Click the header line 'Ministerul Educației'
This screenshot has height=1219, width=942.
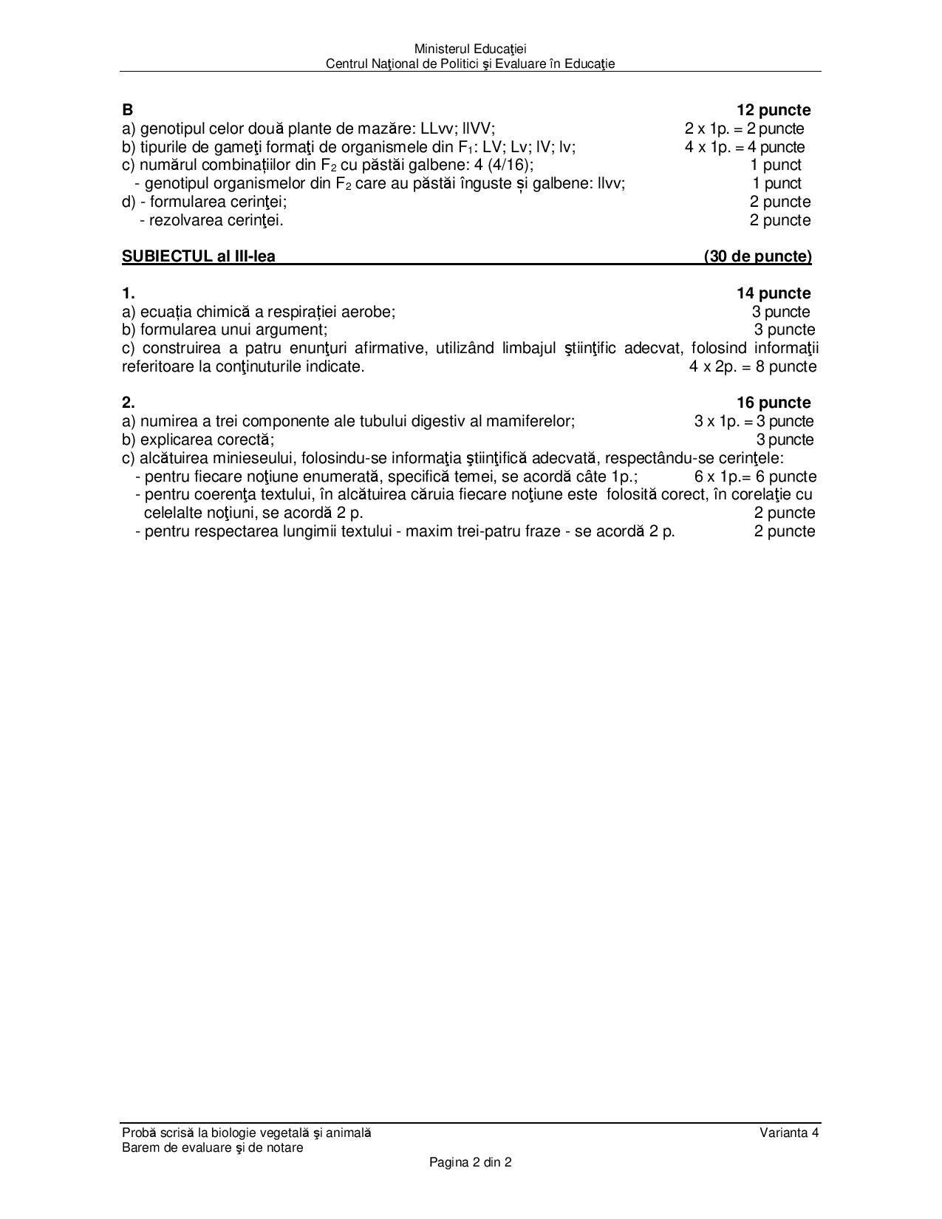coord(470,49)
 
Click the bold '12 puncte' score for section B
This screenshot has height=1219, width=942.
coord(773,110)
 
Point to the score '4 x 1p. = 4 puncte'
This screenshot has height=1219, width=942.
coord(744,147)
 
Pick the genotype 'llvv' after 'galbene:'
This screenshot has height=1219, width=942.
coord(610,183)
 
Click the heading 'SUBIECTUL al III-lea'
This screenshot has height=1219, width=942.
coord(199,256)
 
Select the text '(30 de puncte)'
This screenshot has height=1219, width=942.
coord(757,256)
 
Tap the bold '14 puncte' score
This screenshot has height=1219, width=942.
coord(773,293)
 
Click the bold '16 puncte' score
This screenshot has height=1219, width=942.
coord(773,403)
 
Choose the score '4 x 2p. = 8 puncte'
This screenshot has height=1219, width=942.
coord(753,366)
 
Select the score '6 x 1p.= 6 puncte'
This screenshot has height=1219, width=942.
coord(755,477)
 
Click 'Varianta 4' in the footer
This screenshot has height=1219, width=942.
coord(789,1133)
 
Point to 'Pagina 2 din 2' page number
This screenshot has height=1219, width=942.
coord(471,1162)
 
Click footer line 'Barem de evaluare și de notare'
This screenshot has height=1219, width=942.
coord(213,1147)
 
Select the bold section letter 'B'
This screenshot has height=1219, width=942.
coord(128,110)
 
